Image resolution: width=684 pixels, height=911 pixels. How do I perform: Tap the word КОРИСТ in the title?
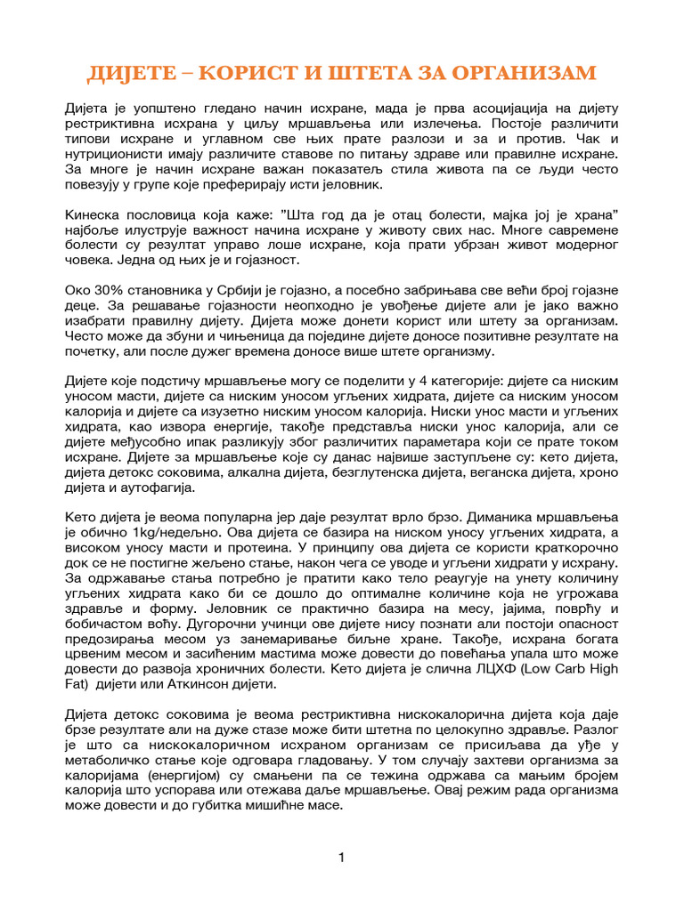[x=255, y=72]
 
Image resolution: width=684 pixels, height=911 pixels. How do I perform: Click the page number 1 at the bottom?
[x=341, y=858]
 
